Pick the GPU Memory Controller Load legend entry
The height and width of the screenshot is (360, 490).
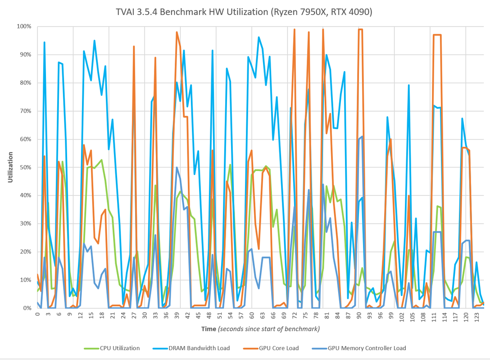[x=367, y=348]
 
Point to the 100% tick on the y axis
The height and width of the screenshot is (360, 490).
[x=24, y=27]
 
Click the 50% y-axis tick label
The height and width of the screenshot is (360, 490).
[x=25, y=167]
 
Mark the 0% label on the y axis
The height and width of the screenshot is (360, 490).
[x=27, y=308]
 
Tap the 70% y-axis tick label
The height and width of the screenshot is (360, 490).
[x=25, y=111]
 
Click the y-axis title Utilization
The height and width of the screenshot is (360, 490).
[x=10, y=167]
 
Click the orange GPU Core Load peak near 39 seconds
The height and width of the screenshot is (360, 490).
[x=177, y=32]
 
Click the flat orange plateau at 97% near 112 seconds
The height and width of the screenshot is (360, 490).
[x=437, y=35]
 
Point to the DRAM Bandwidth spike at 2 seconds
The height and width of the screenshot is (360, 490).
[x=45, y=43]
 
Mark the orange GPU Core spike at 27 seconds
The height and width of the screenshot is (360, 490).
[x=134, y=46]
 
